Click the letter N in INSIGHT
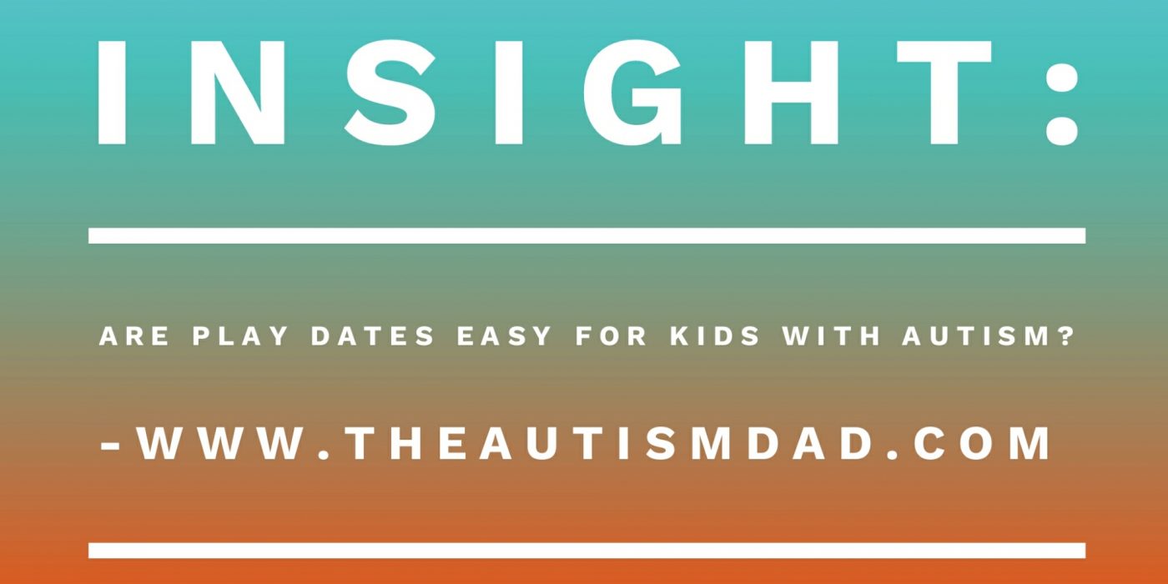[x=237, y=93]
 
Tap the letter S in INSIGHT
[x=390, y=93]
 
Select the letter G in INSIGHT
[x=632, y=93]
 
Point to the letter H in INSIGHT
[x=791, y=93]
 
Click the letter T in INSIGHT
[x=944, y=93]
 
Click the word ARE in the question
[x=134, y=336]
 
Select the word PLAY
[x=240, y=336]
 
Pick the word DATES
[x=372, y=336]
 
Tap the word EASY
[x=504, y=336]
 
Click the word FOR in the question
[x=611, y=336]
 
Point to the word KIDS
[x=715, y=336]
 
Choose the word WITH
[x=831, y=336]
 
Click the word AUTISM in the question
[x=976, y=336]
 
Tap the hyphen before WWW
[x=110, y=446]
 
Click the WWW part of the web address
[x=220, y=444]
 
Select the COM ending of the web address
[x=982, y=444]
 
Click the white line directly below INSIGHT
[x=587, y=235]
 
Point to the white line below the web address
[x=587, y=550]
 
